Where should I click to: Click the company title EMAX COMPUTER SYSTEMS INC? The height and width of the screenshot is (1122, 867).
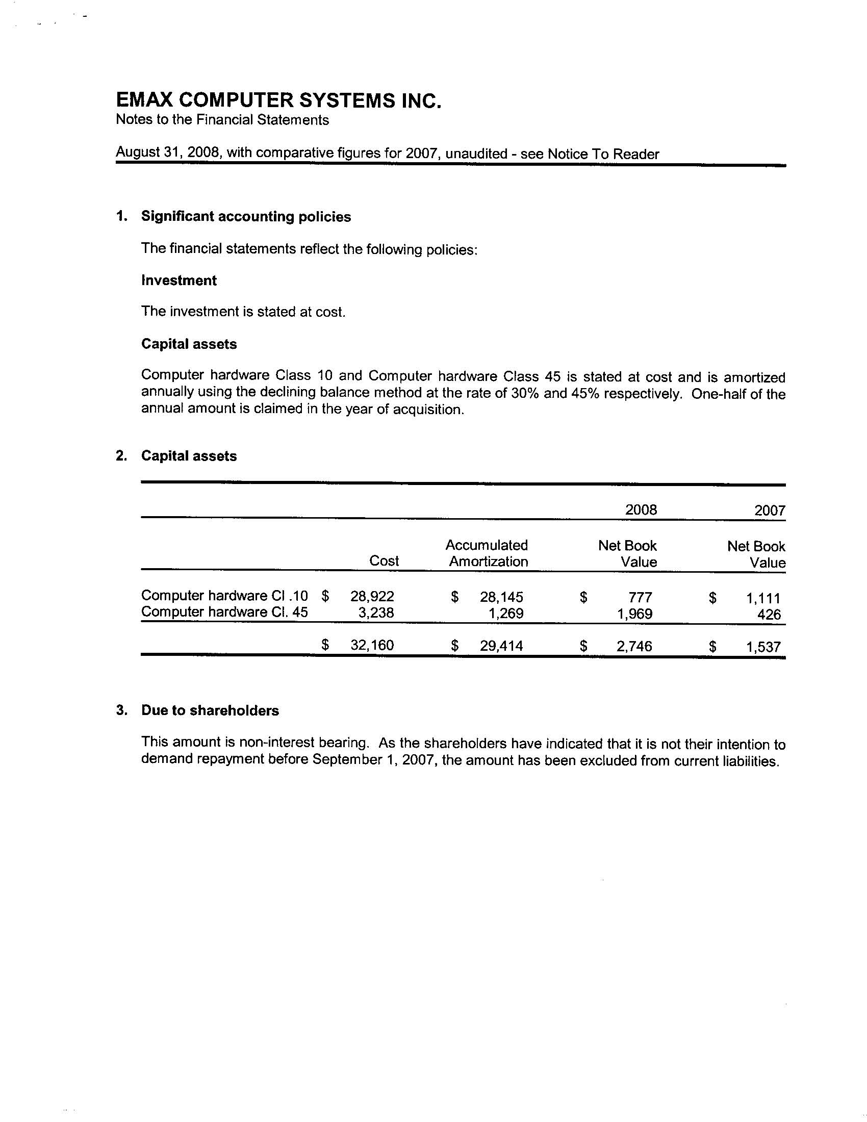pos(278,100)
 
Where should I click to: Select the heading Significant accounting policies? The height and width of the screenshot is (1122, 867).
pos(246,217)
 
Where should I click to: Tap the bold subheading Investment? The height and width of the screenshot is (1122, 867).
pos(178,280)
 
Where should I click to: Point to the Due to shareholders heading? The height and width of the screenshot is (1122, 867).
pos(210,710)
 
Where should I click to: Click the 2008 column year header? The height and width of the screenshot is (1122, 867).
pos(641,509)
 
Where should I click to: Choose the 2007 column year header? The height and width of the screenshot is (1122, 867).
pos(770,511)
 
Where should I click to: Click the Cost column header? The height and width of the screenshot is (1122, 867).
pos(384,561)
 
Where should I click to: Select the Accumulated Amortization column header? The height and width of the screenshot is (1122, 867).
pos(487,553)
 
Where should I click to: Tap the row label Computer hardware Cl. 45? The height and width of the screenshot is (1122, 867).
pos(224,612)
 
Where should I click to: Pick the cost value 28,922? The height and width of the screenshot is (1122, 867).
pos(372,597)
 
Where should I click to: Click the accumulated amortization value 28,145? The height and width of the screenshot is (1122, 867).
pos(501,597)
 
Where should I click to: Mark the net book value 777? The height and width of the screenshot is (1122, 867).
pos(641,598)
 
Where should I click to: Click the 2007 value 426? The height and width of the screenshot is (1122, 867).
pos(769,615)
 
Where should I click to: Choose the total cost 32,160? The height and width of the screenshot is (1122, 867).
pos(372,645)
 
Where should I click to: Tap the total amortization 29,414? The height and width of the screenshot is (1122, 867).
pos(501,646)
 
